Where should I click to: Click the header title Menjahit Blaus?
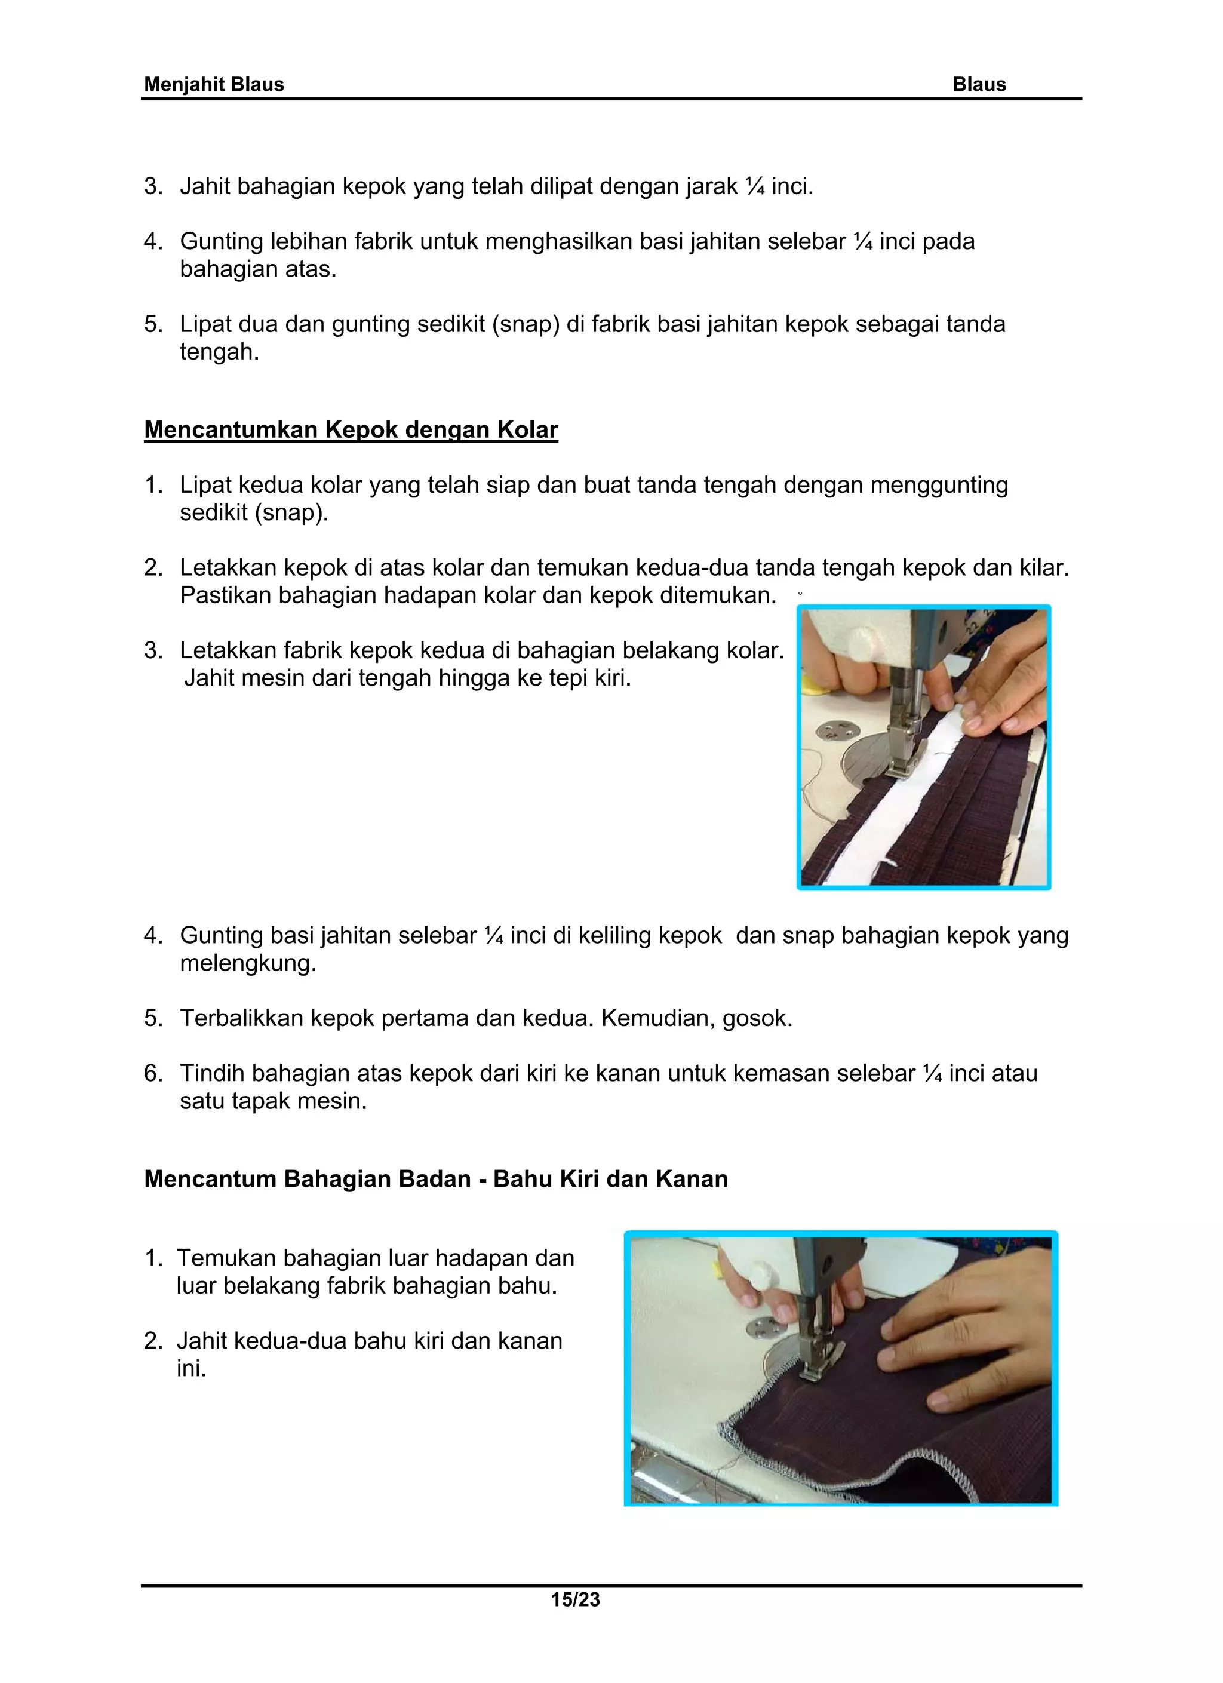pos(214,85)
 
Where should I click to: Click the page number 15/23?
pos(575,1599)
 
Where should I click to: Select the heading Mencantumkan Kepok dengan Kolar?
pos(351,429)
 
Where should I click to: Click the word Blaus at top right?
pos(979,85)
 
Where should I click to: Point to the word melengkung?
pos(248,963)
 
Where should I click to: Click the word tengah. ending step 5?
pos(220,352)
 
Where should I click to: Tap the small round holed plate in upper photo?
pos(835,732)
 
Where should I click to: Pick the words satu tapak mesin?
pos(273,1101)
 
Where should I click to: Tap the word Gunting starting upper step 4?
pos(221,241)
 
